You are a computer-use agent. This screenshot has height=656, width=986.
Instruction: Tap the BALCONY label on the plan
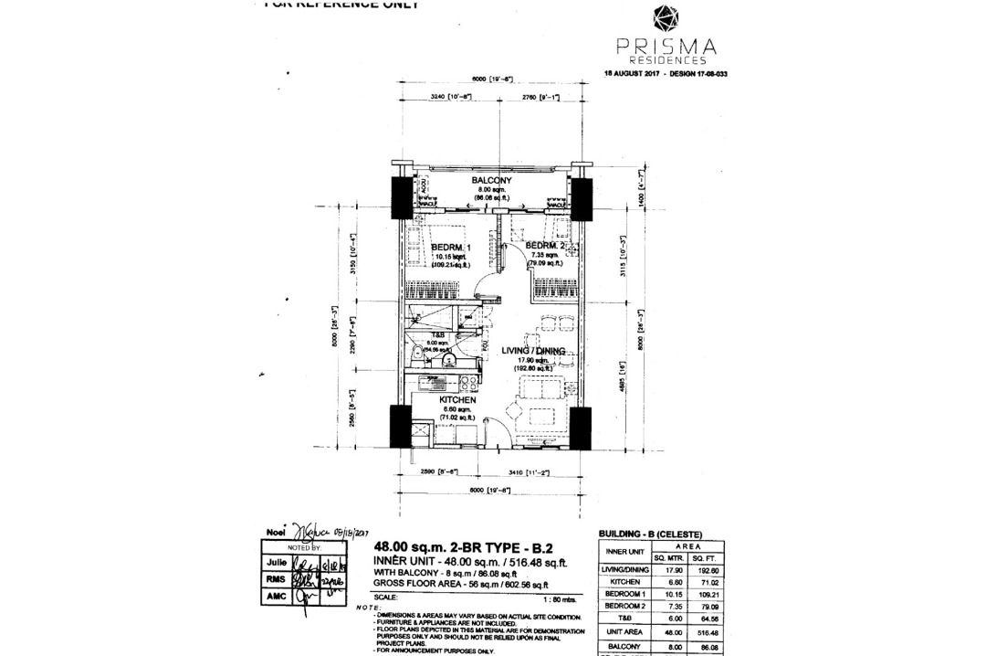491,181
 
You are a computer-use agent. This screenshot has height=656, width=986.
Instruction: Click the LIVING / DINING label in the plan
532,351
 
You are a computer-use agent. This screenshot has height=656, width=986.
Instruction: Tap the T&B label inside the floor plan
426,334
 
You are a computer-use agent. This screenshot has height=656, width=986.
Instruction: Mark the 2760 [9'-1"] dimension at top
540,96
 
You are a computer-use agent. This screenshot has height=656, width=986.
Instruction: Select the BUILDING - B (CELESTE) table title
649,533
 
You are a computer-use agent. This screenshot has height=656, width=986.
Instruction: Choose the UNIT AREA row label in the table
626,630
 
